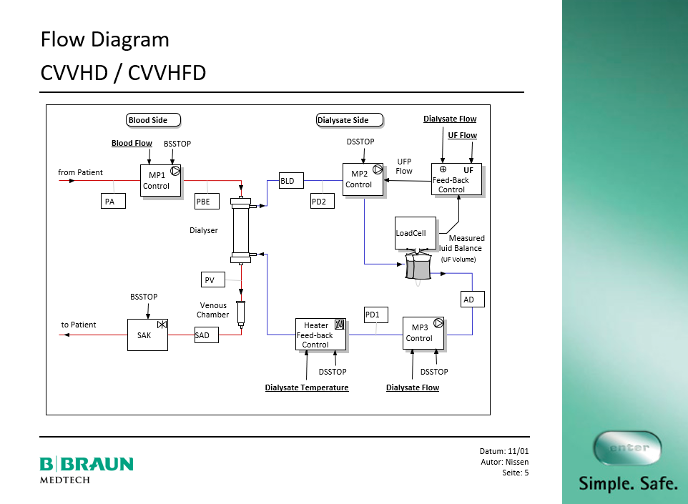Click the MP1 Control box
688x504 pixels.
point(159,181)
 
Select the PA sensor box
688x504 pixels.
point(112,201)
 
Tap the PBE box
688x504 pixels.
point(207,201)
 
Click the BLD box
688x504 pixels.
point(290,181)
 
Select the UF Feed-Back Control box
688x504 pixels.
point(456,179)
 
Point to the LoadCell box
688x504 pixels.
point(415,233)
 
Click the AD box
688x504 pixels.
point(472,299)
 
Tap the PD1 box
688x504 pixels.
point(375,315)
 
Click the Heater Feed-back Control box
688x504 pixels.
point(320,335)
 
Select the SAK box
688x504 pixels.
point(147,335)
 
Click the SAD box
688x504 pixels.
point(207,335)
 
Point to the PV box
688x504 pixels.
point(213,280)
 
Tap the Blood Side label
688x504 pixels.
point(152,120)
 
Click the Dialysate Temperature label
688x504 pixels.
point(307,387)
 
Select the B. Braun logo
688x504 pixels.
point(86,468)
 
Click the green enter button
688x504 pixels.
point(627,448)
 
